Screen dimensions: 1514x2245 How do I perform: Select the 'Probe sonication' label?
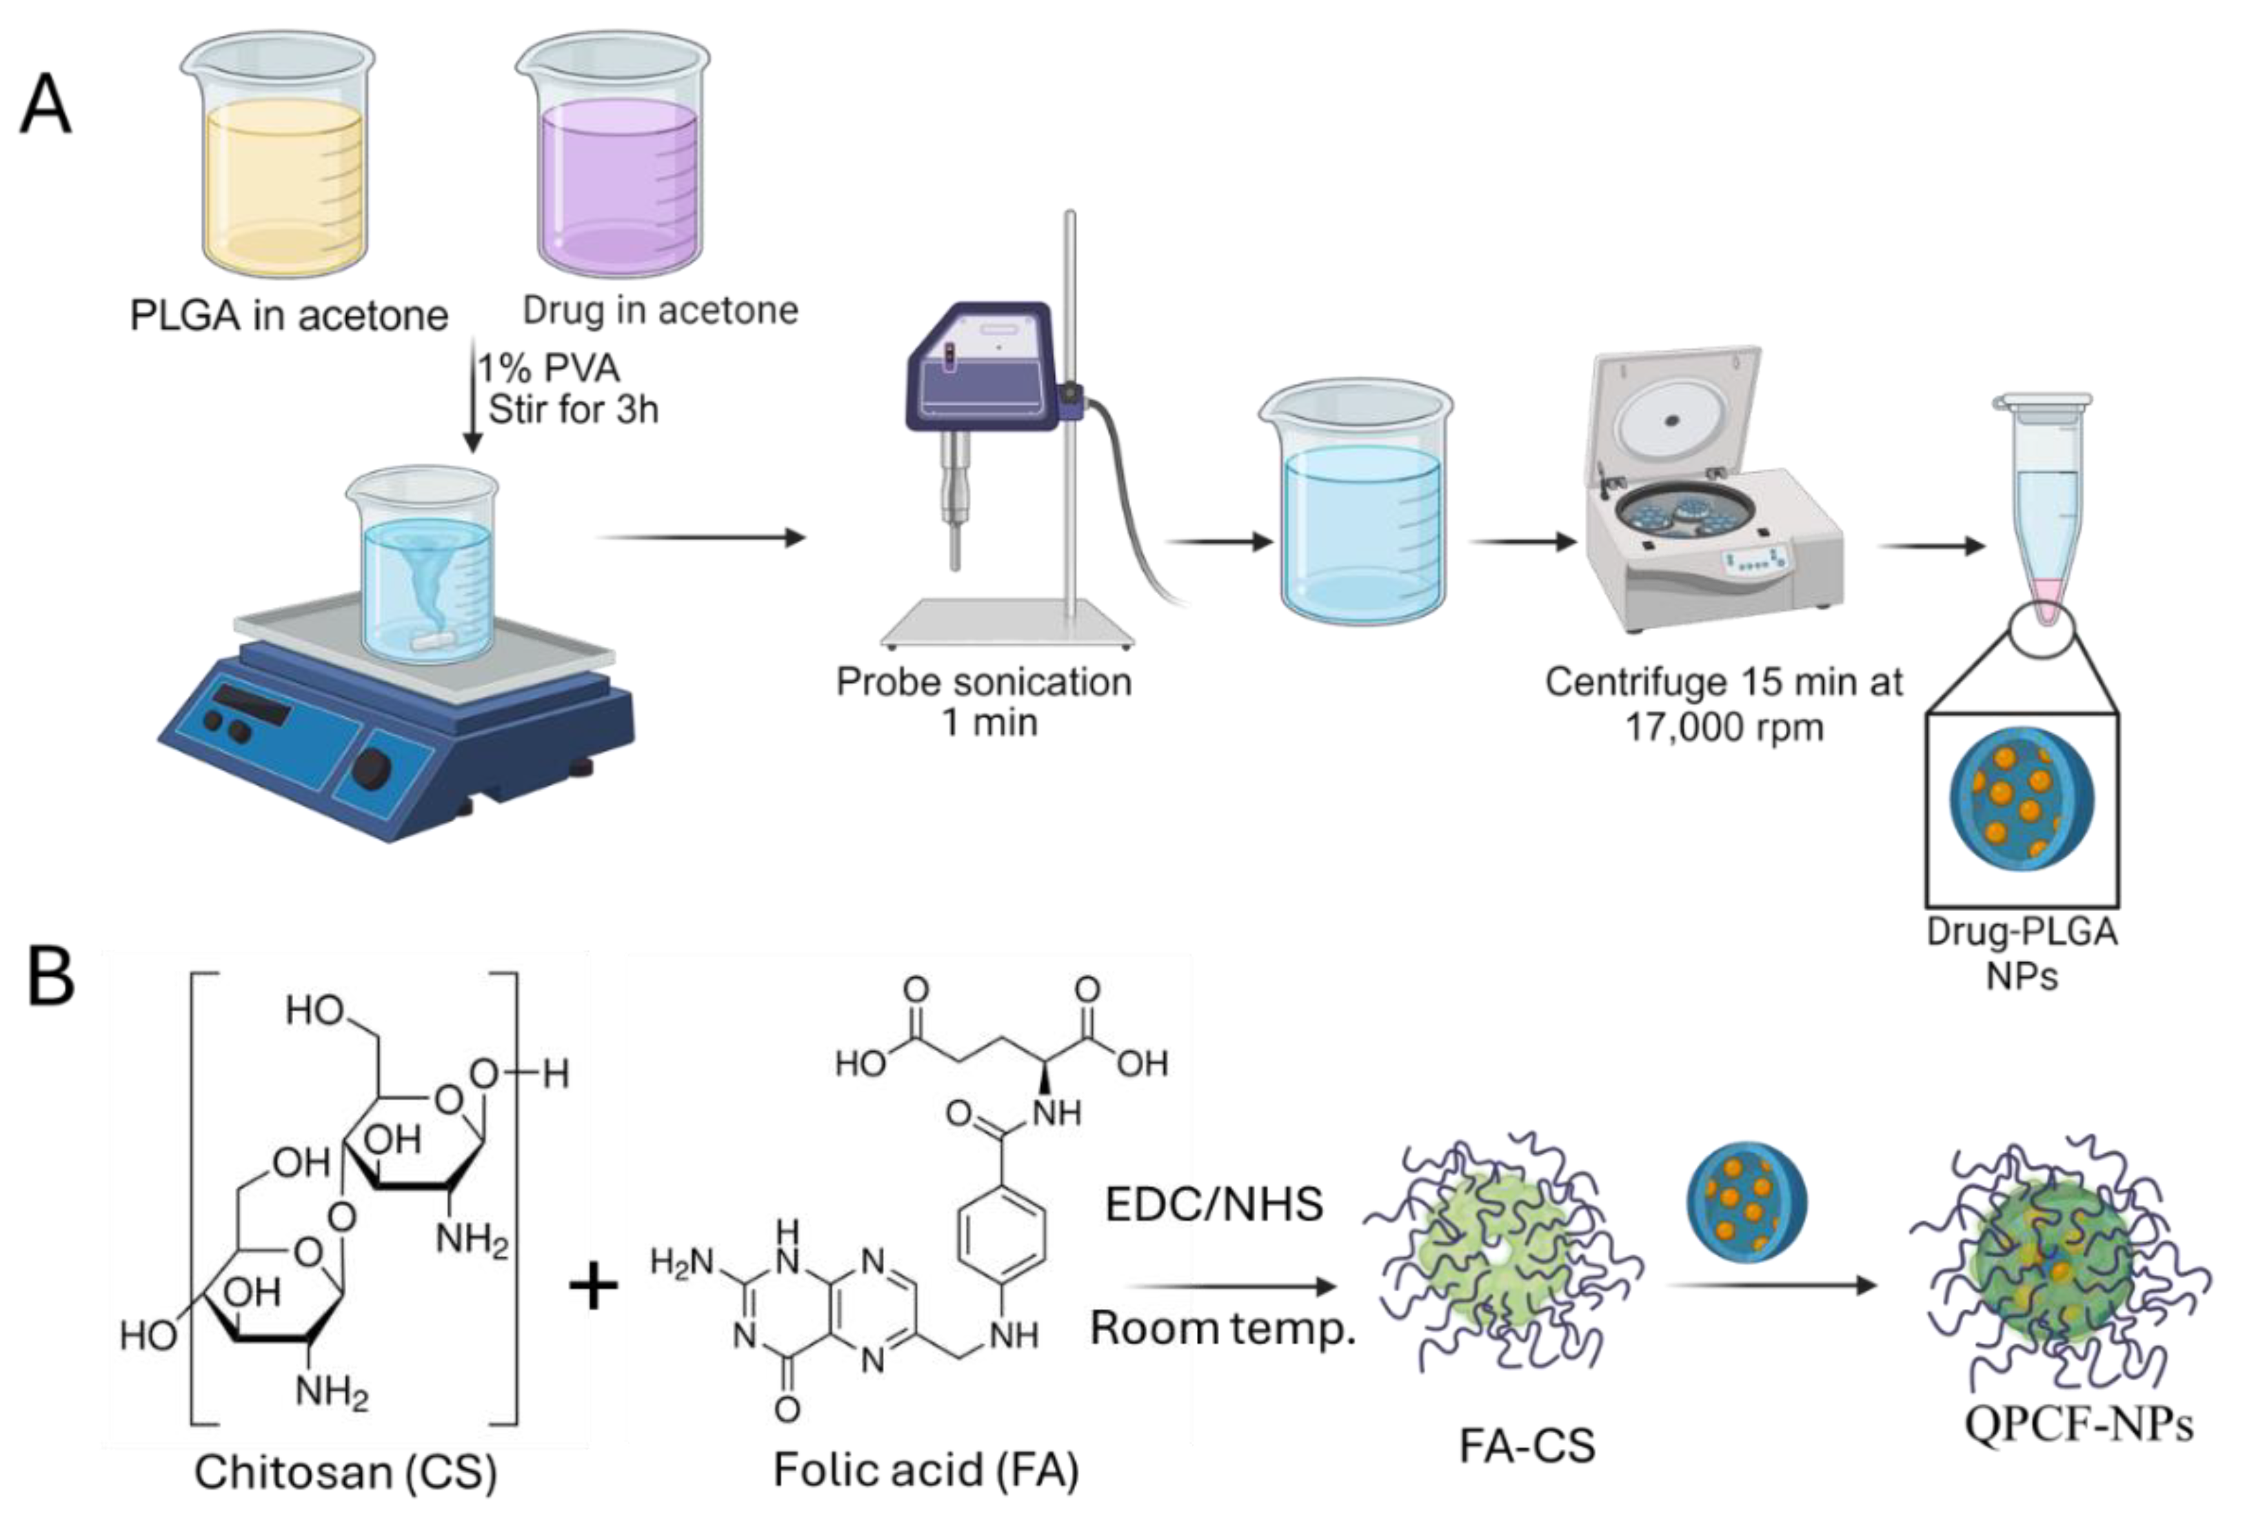tap(983, 681)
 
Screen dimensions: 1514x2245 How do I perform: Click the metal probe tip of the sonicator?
tap(956, 546)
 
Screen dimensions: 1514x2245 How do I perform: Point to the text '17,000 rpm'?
tap(1724, 727)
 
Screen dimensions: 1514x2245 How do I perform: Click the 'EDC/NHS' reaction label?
tap(1214, 1204)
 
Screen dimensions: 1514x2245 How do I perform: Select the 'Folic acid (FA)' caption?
tap(925, 1468)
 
